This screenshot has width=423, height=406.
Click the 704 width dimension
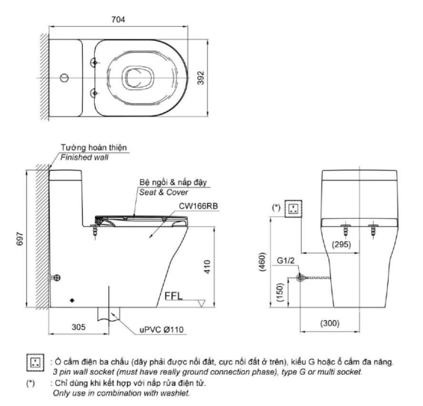[118, 19]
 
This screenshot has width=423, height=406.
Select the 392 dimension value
[201, 78]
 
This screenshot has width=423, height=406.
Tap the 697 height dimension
[20, 239]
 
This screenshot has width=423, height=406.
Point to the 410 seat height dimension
[207, 266]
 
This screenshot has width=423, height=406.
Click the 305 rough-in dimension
[78, 327]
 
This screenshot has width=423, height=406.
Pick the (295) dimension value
[342, 245]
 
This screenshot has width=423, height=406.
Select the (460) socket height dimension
[262, 262]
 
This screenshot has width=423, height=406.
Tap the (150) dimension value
[280, 292]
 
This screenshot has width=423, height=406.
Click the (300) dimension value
[330, 323]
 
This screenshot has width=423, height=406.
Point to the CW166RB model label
[198, 206]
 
